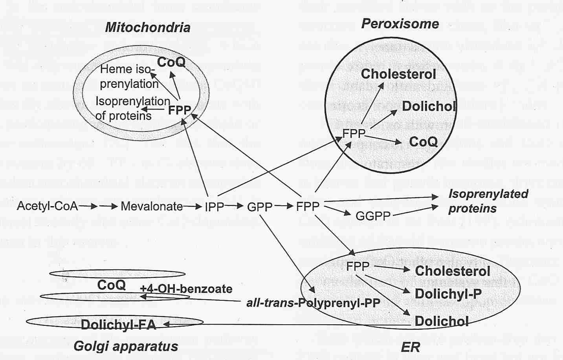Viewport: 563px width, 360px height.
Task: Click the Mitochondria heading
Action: [148, 27]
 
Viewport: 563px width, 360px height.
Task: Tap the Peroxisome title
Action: [400, 24]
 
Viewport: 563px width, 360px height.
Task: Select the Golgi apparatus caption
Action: [126, 347]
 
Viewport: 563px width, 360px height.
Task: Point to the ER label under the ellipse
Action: [410, 347]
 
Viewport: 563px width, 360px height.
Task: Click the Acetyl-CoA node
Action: [47, 206]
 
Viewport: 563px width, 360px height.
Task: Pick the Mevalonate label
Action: [152, 206]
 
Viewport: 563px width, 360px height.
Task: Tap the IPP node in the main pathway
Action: [214, 206]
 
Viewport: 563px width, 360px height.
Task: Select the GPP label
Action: [260, 206]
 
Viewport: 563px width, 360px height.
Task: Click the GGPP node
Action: [372, 216]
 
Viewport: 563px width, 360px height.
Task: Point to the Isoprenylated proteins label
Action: [488, 201]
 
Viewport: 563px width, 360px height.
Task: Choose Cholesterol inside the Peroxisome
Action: [398, 74]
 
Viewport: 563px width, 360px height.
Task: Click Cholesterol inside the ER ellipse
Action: [452, 271]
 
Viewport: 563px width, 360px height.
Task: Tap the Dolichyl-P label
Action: [448, 294]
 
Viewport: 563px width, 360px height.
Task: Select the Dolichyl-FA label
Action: [118, 325]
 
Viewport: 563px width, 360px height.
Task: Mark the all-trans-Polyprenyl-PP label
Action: [313, 303]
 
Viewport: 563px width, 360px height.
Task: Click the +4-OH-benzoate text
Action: [186, 289]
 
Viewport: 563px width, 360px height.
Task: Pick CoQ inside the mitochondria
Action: [171, 62]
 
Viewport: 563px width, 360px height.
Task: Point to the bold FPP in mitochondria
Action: [179, 110]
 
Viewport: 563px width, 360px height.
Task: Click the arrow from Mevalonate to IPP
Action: [193, 206]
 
